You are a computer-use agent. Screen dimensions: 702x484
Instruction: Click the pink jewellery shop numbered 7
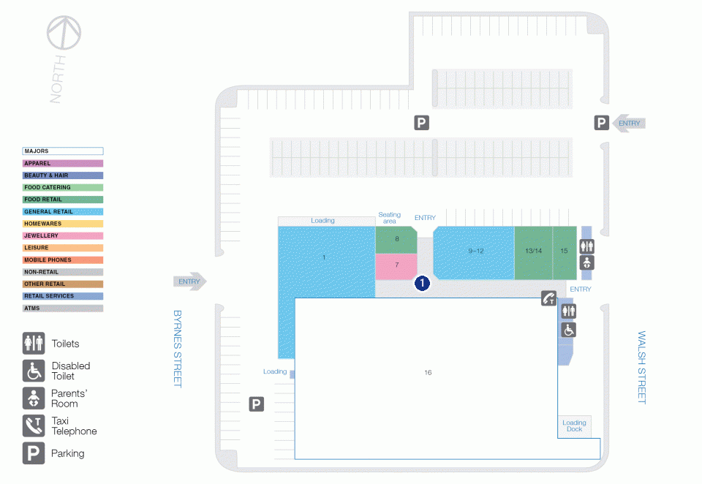[x=396, y=266]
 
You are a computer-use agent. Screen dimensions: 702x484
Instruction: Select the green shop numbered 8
[x=396, y=240]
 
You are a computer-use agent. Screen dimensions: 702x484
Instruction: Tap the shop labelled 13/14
[x=533, y=253]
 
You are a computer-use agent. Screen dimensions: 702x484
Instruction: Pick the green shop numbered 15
[x=565, y=253]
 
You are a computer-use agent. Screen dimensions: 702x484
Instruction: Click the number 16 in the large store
[x=428, y=373]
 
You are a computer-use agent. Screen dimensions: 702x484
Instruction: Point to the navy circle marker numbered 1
[x=422, y=283]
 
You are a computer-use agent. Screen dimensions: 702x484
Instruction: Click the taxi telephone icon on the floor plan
[x=549, y=298]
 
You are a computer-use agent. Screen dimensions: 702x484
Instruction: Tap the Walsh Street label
[x=642, y=367]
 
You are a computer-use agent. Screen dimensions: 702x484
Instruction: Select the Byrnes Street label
[x=178, y=348]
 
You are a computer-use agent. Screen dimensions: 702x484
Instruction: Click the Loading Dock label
[x=575, y=426]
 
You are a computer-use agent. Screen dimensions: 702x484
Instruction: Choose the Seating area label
[x=390, y=218]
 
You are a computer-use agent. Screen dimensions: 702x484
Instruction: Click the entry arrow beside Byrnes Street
[x=190, y=281]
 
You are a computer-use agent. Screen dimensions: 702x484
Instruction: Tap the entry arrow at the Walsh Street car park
[x=629, y=123]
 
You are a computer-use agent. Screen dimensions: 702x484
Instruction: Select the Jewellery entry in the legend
[x=63, y=235]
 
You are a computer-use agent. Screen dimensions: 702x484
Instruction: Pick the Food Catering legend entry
[x=63, y=187]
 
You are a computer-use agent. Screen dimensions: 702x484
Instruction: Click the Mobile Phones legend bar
[x=63, y=260]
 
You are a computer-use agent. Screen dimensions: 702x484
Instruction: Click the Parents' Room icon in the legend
[x=34, y=398]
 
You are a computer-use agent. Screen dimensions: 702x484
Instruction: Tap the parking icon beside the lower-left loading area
[x=257, y=404]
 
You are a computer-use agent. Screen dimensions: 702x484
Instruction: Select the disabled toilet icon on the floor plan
[x=569, y=330]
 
